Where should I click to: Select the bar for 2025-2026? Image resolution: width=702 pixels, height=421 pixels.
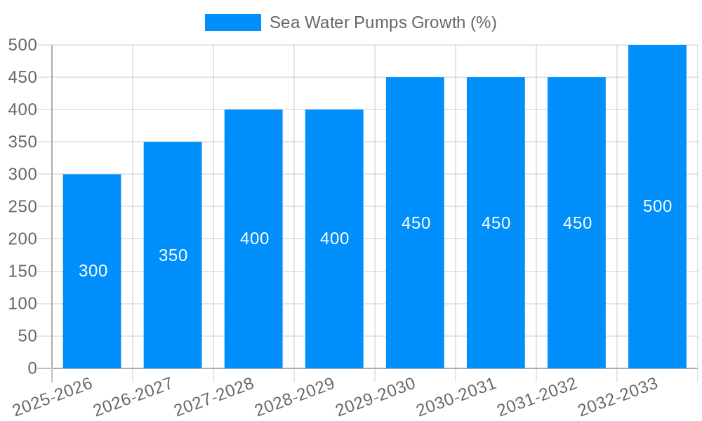(x=92, y=309)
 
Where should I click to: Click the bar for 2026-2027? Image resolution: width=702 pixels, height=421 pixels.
(x=173, y=309)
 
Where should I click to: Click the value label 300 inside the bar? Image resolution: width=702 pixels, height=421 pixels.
(x=93, y=271)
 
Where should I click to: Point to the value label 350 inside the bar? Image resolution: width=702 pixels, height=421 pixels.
(x=173, y=255)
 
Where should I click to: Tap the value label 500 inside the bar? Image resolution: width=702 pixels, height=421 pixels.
(x=658, y=206)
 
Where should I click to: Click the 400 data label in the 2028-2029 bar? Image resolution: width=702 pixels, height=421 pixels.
(x=335, y=239)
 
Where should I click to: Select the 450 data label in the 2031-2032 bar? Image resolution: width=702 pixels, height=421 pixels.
(x=577, y=223)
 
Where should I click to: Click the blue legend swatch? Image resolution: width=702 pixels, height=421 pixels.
(x=232, y=22)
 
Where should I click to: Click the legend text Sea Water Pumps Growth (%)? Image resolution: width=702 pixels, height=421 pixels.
(x=383, y=22)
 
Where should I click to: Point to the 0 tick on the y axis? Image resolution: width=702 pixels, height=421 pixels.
(x=32, y=368)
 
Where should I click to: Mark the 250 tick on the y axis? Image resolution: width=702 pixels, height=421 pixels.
(x=22, y=206)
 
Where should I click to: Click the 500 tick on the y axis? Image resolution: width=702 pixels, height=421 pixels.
(x=22, y=45)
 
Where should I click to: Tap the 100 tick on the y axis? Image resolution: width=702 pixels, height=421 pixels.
(x=22, y=304)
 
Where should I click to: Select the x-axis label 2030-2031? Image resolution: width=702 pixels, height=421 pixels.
(x=456, y=396)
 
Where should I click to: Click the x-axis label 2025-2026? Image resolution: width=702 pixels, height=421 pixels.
(x=53, y=396)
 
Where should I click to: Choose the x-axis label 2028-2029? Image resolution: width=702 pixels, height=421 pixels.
(x=295, y=396)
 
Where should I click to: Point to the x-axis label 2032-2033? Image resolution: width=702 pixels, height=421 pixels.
(x=618, y=396)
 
